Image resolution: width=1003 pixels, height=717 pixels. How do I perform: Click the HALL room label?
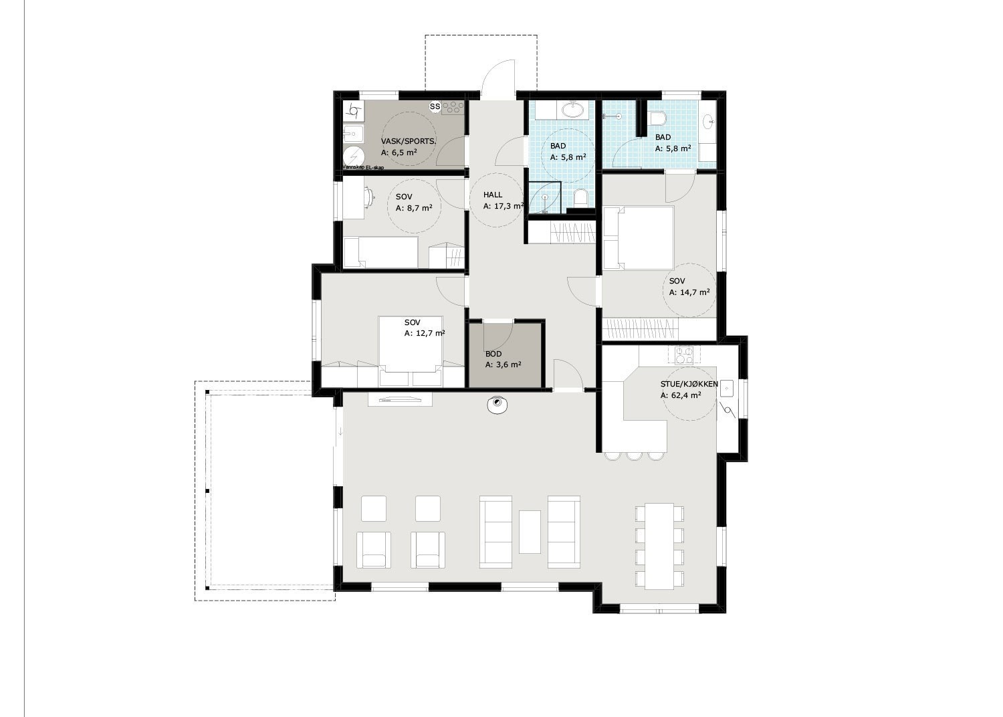tap(493, 195)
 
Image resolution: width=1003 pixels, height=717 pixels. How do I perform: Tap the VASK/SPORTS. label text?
tap(409, 141)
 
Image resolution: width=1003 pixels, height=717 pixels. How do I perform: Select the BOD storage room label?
tap(493, 354)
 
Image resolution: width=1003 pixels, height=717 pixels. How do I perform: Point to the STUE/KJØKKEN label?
tap(689, 385)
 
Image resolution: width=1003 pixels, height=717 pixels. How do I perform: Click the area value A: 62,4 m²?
tap(681, 396)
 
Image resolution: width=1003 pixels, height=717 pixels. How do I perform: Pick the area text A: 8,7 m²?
tap(414, 209)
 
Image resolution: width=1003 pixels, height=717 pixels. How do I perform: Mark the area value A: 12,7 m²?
tap(425, 333)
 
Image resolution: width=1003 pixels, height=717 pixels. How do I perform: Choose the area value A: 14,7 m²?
tap(689, 292)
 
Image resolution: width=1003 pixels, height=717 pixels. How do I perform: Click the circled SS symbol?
tap(435, 106)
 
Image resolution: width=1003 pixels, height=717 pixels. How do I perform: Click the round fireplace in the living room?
tap(497, 405)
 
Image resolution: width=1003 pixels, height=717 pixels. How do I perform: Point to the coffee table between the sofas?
tap(530, 532)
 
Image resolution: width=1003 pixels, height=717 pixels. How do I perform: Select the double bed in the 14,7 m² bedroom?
tap(639, 238)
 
